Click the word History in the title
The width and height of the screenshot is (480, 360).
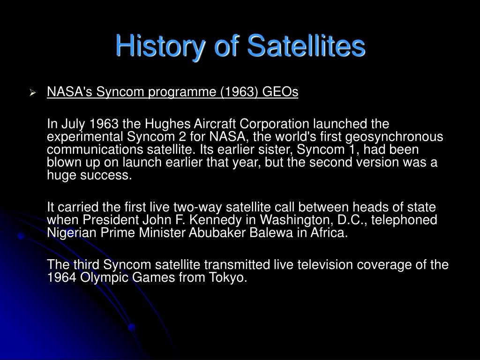click(x=160, y=46)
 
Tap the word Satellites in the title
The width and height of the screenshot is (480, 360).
click(x=306, y=45)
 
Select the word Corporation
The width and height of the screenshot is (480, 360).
click(x=274, y=124)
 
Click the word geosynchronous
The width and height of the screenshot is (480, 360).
click(x=394, y=137)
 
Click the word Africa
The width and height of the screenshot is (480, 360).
click(x=330, y=232)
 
